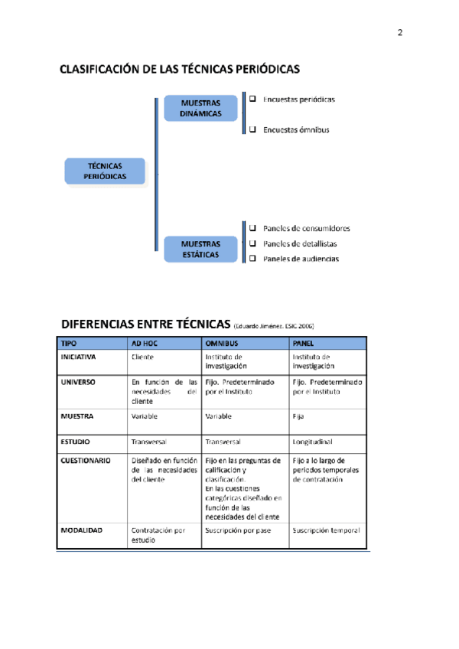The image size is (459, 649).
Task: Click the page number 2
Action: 399,32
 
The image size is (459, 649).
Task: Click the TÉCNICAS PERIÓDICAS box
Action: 104,171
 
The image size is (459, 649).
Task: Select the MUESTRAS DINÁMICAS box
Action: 200,108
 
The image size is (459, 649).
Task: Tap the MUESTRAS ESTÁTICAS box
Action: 200,249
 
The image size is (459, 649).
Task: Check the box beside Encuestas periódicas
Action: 252,99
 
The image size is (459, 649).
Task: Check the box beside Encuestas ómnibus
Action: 252,129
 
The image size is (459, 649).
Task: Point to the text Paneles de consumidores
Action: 306,228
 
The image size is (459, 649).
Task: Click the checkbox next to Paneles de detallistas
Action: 252,243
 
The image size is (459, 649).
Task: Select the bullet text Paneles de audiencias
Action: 301,259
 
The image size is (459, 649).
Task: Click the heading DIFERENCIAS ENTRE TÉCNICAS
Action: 145,321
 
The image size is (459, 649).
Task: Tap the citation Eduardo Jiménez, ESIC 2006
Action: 274,324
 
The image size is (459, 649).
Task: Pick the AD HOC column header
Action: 145,344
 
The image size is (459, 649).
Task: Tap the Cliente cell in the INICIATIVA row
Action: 143,357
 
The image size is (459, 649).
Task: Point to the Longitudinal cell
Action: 312,442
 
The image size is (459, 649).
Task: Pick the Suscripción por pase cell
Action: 236,530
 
